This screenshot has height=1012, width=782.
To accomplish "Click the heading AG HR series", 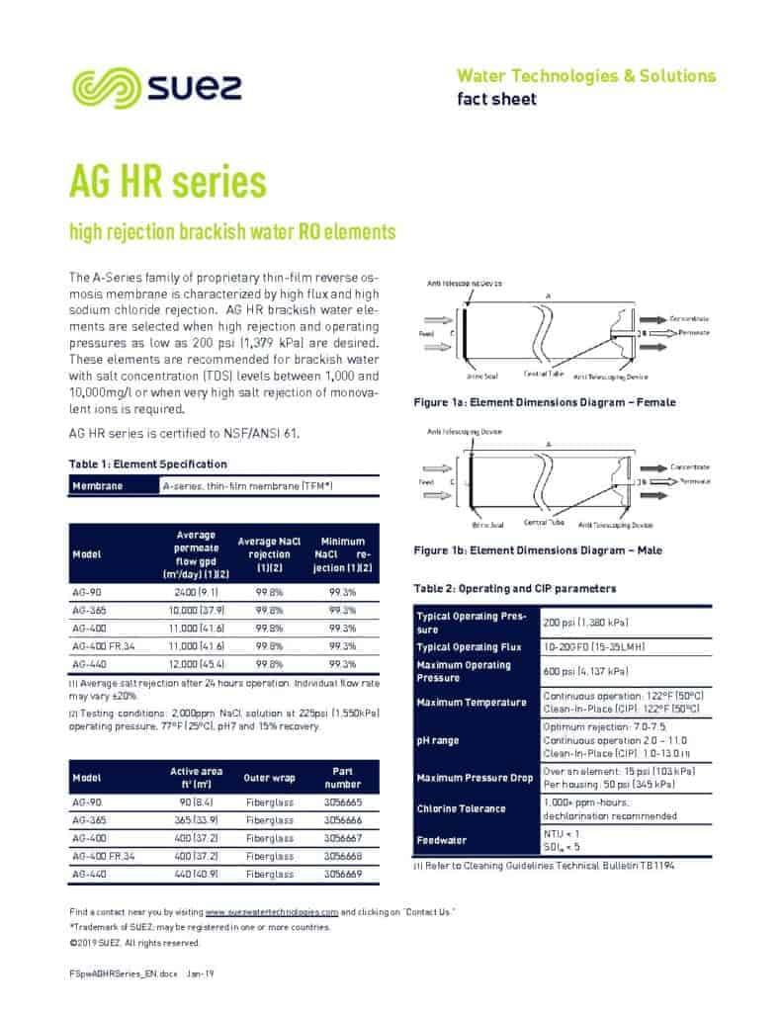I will [167, 182].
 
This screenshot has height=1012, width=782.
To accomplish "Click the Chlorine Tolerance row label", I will [461, 808].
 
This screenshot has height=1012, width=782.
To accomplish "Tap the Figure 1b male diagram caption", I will [537, 549].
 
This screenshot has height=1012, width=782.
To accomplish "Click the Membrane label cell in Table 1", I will [98, 486].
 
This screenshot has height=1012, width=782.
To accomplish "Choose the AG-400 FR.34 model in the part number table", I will [102, 856].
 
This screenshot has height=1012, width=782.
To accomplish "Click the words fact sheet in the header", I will [496, 99].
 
